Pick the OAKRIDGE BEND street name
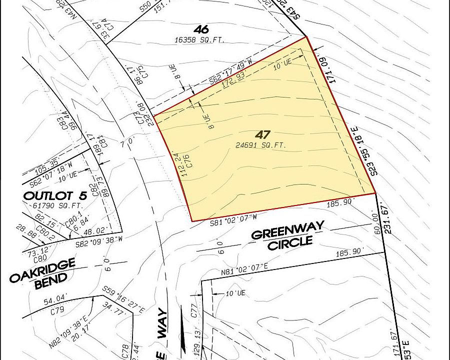click(x=42, y=273)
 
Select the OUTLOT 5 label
click(x=51, y=196)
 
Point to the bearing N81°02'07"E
click(x=245, y=265)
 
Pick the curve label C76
click(x=186, y=165)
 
